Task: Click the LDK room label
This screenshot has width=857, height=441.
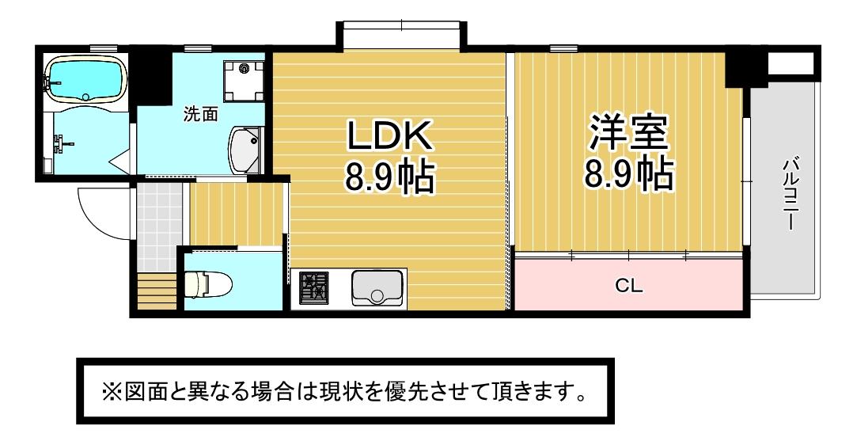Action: pos(390,135)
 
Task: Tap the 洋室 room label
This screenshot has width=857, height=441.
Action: pos(628,132)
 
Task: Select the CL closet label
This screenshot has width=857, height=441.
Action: pos(628,285)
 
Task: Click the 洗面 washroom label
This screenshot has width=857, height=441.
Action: pos(200,114)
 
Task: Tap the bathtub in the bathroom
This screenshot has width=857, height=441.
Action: pos(85,80)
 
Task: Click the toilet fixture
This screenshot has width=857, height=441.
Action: pos(208,283)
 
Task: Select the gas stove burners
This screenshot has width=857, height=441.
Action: pos(314,288)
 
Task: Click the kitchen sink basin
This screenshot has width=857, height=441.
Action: pos(377,288)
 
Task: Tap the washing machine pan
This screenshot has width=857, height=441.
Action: pos(243,81)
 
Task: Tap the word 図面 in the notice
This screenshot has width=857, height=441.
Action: pos(142,392)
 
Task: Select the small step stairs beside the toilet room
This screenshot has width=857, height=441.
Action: pos(157,291)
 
